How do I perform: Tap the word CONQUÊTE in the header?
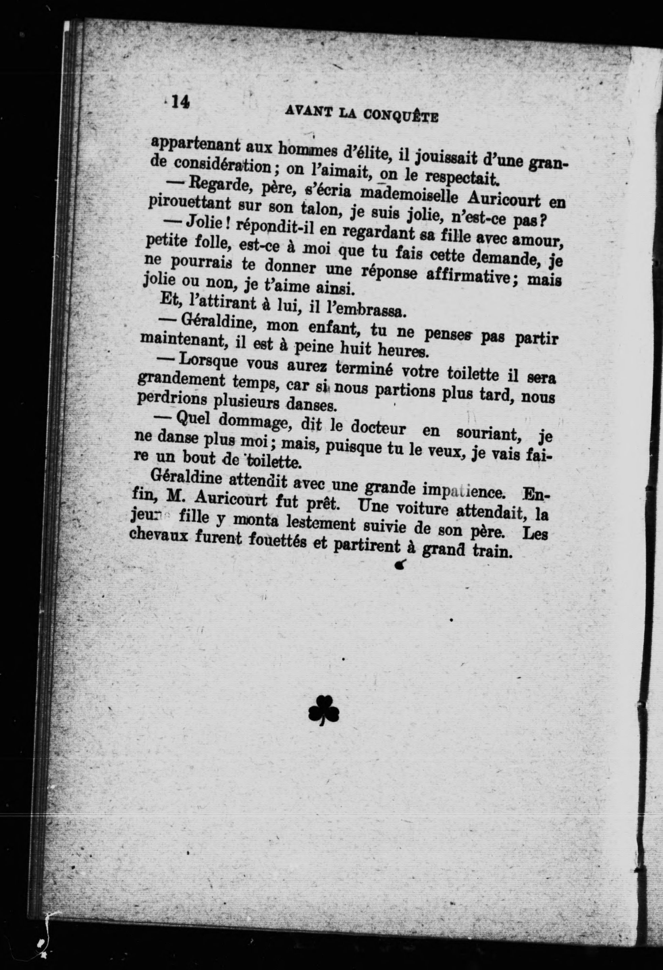(x=401, y=116)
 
